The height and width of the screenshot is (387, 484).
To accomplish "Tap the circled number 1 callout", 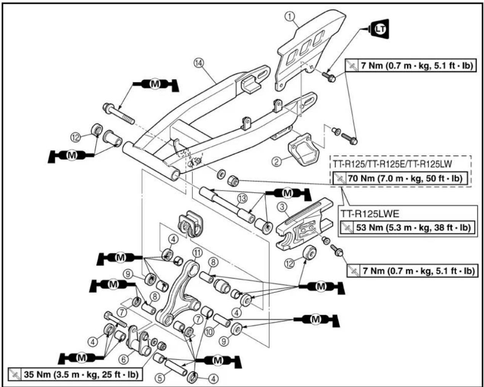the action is (290, 16).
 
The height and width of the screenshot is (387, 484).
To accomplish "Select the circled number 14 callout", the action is (198, 63).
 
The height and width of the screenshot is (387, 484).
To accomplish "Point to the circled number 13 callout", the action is (242, 198).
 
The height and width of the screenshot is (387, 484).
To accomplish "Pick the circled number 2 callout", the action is (277, 161).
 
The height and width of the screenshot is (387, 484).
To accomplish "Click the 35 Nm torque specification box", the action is (75, 374).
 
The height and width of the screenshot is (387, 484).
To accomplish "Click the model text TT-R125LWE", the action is (370, 214).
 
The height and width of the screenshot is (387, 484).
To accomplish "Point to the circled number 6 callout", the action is (123, 360).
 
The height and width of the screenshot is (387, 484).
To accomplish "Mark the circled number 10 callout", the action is (209, 332).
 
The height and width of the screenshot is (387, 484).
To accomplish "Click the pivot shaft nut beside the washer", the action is (233, 181).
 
